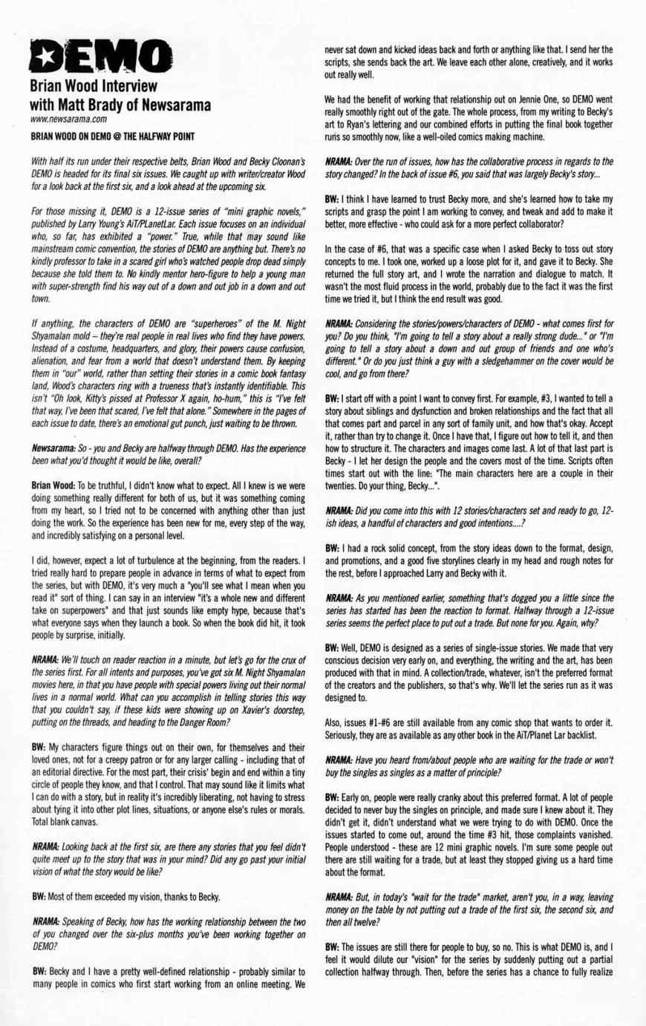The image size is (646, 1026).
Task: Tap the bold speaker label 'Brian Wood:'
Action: [54, 484]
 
